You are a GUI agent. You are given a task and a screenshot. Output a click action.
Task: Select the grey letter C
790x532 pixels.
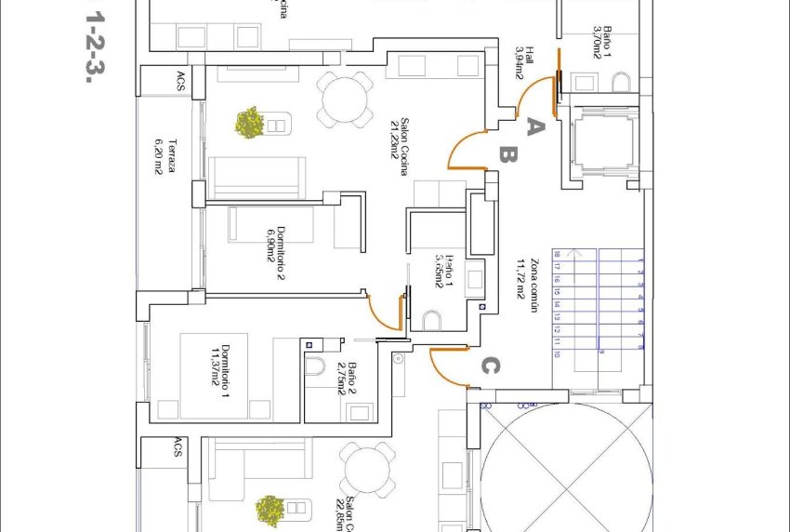click(x=490, y=366)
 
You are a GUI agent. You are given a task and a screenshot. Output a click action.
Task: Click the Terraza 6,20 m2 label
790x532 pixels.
click(x=165, y=157)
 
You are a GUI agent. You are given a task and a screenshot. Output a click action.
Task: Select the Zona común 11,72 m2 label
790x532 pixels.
click(x=527, y=291)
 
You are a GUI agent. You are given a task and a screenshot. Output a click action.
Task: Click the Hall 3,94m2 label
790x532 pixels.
click(x=523, y=63)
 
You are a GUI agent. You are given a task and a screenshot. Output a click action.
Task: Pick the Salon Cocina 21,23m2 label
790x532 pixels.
click(x=400, y=146)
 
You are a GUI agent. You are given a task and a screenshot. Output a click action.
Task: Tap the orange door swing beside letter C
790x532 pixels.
click(x=449, y=366)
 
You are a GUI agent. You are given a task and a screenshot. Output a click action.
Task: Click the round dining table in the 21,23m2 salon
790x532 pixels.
click(x=345, y=98)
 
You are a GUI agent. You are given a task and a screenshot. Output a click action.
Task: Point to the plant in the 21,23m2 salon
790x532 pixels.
click(x=249, y=123)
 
